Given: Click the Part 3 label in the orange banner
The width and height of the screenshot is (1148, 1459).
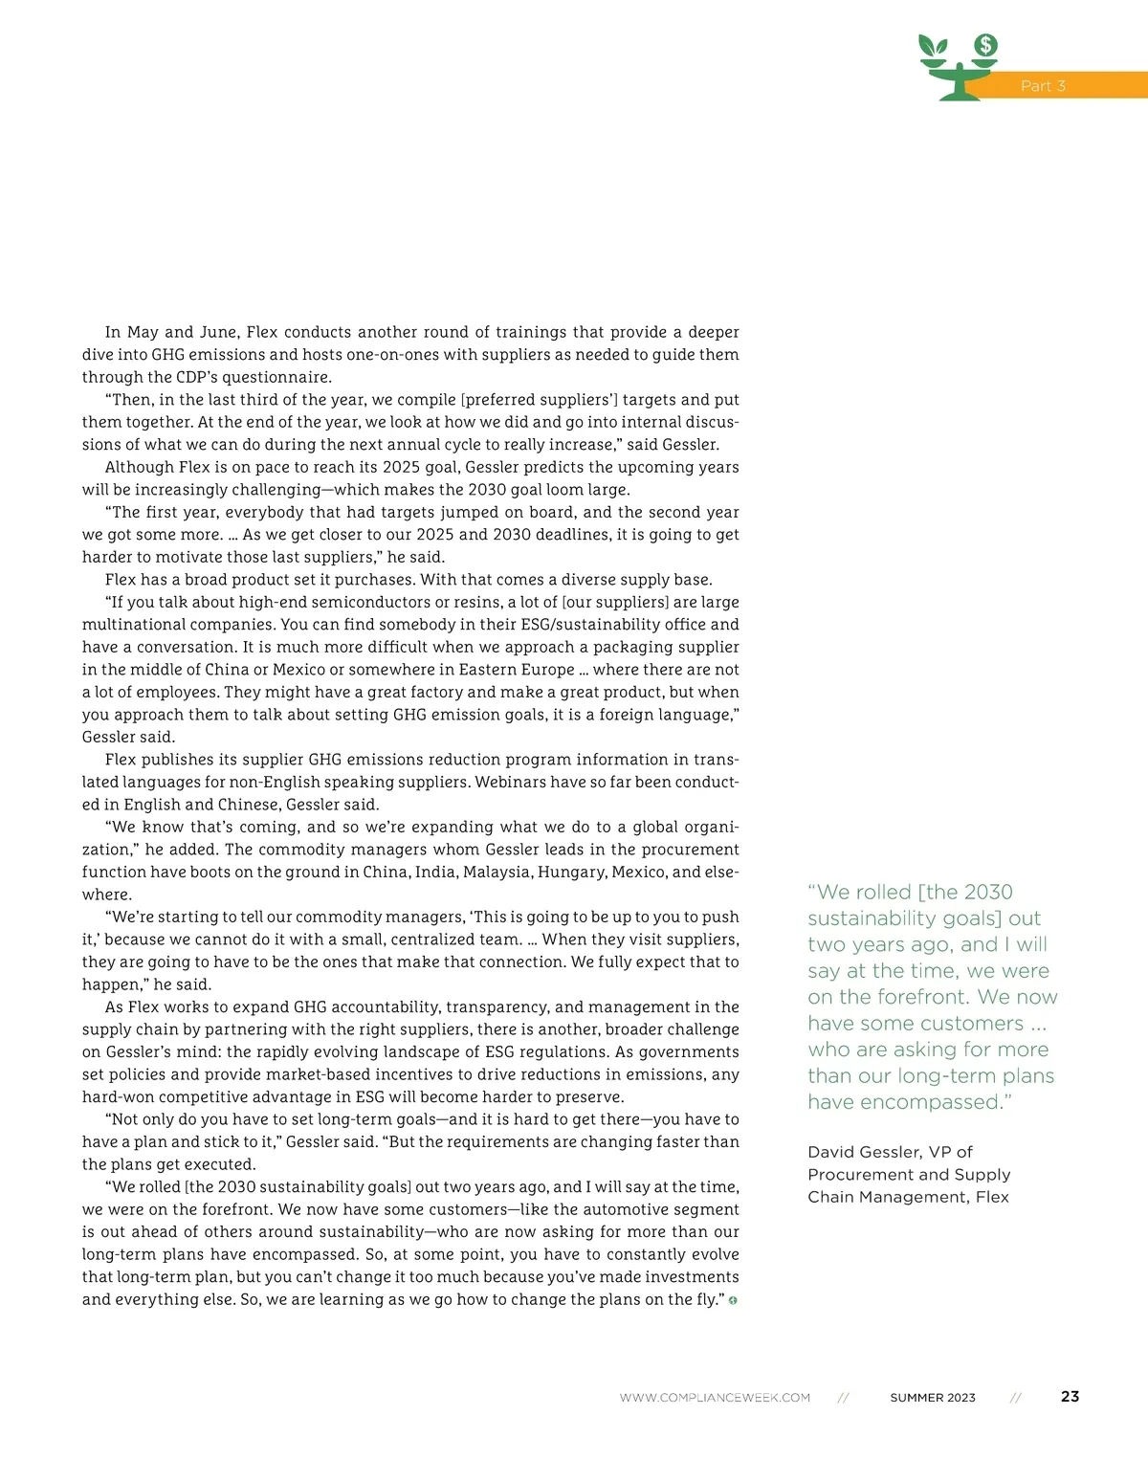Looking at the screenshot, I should coord(1043,86).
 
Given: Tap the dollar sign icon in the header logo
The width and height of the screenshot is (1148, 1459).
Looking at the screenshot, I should coord(985,45).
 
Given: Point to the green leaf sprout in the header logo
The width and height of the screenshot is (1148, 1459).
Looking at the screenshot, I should coord(933,46).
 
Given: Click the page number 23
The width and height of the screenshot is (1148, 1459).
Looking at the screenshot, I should coord(1070,1397).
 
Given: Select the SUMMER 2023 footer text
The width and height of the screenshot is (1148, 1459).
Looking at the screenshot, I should coord(933,1398).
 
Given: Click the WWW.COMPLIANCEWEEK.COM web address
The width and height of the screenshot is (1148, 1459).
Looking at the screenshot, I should coord(715,1398).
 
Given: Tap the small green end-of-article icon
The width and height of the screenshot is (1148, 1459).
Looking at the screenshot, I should coord(733,1300).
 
